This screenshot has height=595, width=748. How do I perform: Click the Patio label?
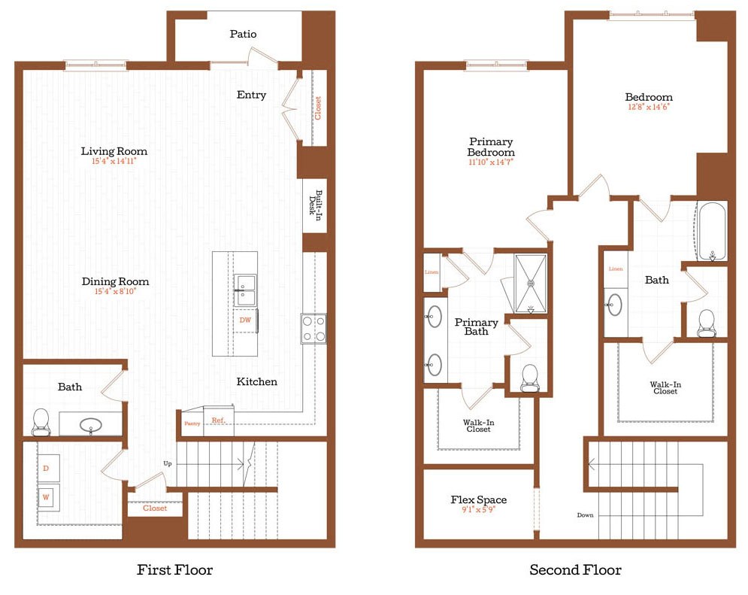click(243, 34)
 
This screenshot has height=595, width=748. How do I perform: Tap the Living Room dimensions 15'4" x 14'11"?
click(114, 161)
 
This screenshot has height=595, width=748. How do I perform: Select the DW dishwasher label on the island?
click(245, 320)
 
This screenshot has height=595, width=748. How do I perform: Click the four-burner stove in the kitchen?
click(313, 328)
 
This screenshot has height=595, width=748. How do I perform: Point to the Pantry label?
click(192, 423)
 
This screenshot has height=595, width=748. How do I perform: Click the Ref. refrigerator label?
click(218, 420)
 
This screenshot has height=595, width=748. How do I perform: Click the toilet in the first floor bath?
click(41, 422)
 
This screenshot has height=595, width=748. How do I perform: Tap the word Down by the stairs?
click(586, 515)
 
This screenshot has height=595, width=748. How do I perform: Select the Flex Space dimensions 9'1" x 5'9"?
click(478, 509)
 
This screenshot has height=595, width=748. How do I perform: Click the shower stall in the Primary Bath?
click(530, 283)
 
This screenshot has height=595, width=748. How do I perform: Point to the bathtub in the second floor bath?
click(711, 230)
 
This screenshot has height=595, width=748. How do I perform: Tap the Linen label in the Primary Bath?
click(432, 272)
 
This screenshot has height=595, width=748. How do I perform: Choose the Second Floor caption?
click(575, 569)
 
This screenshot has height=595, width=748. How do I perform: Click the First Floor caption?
click(174, 569)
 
